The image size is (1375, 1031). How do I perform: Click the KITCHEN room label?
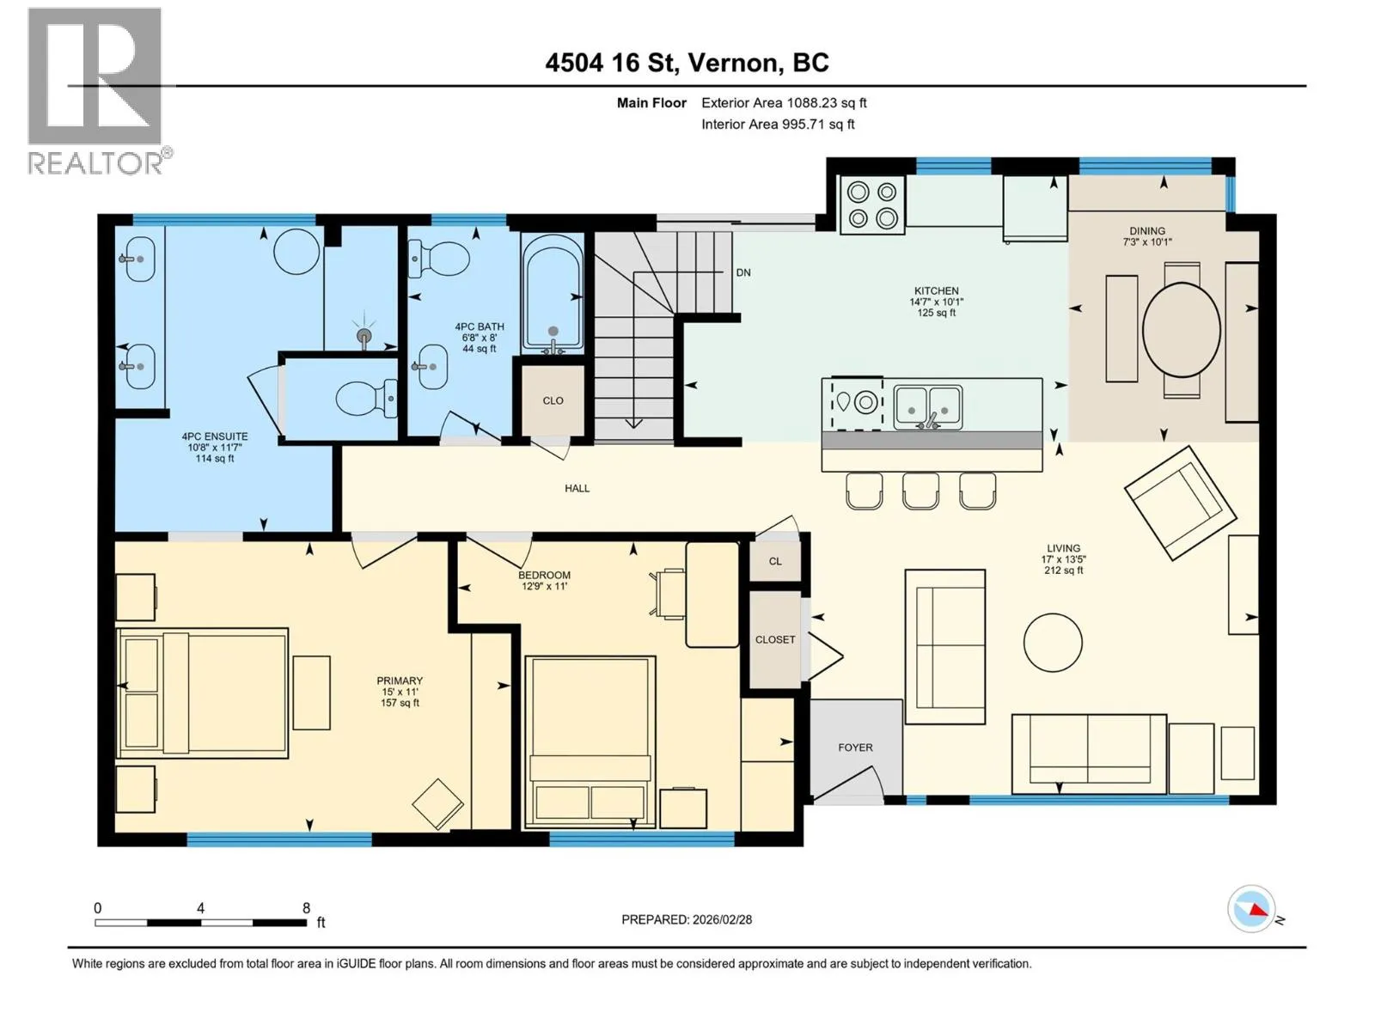(936, 290)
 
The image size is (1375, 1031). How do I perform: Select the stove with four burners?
(872, 204)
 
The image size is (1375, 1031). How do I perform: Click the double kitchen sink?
(928, 407)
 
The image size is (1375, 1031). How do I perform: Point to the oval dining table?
(1181, 330)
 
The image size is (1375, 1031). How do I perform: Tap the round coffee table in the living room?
(1053, 643)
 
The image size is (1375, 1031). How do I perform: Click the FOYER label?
(855, 747)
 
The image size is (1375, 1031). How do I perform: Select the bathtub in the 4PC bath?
(554, 293)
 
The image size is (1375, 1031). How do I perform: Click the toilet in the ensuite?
(366, 398)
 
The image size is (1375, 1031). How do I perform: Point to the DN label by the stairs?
(743, 272)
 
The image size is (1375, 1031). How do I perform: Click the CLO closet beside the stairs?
(553, 400)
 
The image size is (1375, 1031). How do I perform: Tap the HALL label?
(577, 488)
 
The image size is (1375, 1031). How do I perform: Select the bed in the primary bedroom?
(203, 693)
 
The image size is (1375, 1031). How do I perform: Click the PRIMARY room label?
(400, 680)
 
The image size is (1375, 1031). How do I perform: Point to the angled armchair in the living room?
(1180, 502)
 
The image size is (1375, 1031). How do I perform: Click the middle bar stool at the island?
(920, 491)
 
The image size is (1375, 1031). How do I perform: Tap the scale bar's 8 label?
(306, 907)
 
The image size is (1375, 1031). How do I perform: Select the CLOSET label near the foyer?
(775, 640)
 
